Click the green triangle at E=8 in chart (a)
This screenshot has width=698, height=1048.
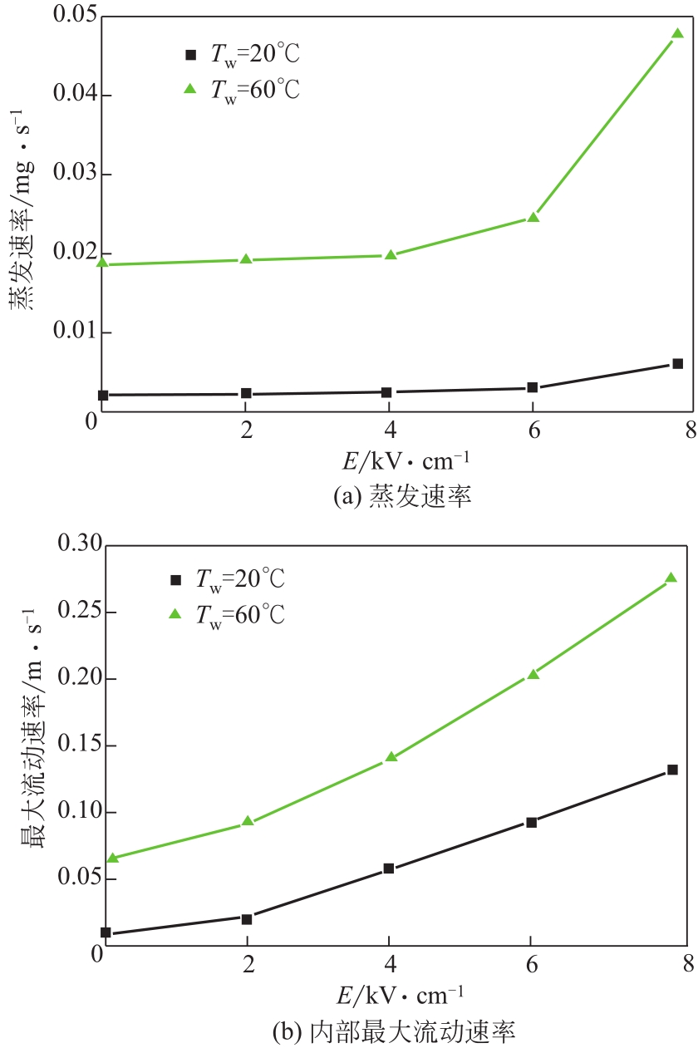[677, 34]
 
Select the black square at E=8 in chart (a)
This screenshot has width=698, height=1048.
[678, 363]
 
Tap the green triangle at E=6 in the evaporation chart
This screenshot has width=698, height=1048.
[533, 218]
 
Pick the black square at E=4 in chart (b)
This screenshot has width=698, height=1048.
[388, 868]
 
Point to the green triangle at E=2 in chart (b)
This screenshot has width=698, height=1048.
[247, 821]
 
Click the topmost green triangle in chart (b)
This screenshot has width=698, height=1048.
[671, 578]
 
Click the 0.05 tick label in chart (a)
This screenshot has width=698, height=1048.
[74, 17]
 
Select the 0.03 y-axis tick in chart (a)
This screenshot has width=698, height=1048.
[74, 175]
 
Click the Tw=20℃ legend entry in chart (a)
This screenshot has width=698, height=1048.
[241, 56]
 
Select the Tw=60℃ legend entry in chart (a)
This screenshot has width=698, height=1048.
[241, 90]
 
